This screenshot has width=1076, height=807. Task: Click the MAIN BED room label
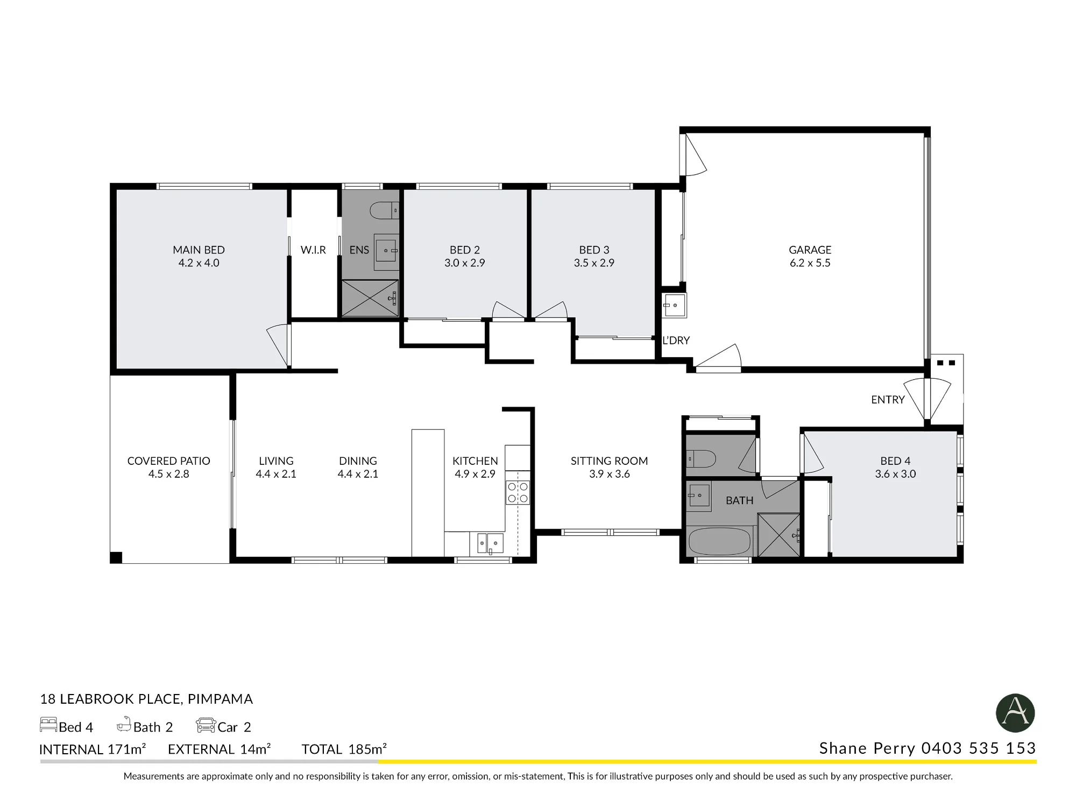199,250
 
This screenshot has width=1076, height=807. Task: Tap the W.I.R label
313,250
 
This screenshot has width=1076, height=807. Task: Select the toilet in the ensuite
384,210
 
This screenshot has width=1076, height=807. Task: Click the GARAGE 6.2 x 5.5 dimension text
810,263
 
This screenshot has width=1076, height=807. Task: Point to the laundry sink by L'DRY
674,306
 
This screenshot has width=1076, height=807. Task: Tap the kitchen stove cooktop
518,492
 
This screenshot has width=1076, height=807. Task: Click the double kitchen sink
487,543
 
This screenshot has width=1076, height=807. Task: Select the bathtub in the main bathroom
720,541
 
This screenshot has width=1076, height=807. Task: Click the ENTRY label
888,400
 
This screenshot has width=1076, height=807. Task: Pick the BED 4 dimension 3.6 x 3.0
895,474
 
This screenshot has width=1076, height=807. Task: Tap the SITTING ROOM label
609,461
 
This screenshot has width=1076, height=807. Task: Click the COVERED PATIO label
168,461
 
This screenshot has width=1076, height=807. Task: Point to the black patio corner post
116,557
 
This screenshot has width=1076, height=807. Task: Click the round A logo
1016,713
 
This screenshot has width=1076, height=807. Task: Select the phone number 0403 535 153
979,748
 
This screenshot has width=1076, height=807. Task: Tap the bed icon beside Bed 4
48,725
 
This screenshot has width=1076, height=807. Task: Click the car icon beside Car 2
206,725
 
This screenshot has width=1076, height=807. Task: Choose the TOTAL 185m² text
344,749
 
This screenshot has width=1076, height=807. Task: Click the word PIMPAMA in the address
220,699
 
